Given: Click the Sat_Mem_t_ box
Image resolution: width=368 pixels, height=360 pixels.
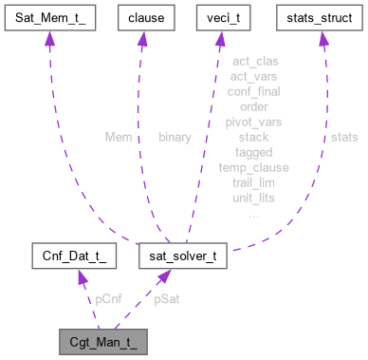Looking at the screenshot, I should click(x=54, y=17).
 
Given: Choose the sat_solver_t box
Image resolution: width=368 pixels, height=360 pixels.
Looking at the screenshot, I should click(x=181, y=256).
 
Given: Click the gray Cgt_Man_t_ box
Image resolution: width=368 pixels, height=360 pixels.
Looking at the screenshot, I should click(x=101, y=340).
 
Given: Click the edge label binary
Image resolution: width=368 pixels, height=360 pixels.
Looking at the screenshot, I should click(x=175, y=137).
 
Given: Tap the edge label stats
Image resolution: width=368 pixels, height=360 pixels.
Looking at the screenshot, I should click(x=344, y=137).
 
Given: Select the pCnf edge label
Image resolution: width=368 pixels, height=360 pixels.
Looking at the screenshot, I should click(x=109, y=298).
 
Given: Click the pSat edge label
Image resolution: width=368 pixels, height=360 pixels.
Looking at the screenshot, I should click(x=168, y=298).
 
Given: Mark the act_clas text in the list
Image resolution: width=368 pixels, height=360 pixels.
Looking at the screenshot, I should click(x=253, y=61).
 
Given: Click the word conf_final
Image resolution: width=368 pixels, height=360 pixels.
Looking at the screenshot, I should click(x=253, y=91).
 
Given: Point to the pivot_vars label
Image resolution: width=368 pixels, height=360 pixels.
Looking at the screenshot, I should click(x=253, y=122).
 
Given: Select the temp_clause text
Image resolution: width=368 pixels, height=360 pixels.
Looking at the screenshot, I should click(x=253, y=167).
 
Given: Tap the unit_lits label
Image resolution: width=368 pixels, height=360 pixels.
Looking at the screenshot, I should click(x=253, y=198).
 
